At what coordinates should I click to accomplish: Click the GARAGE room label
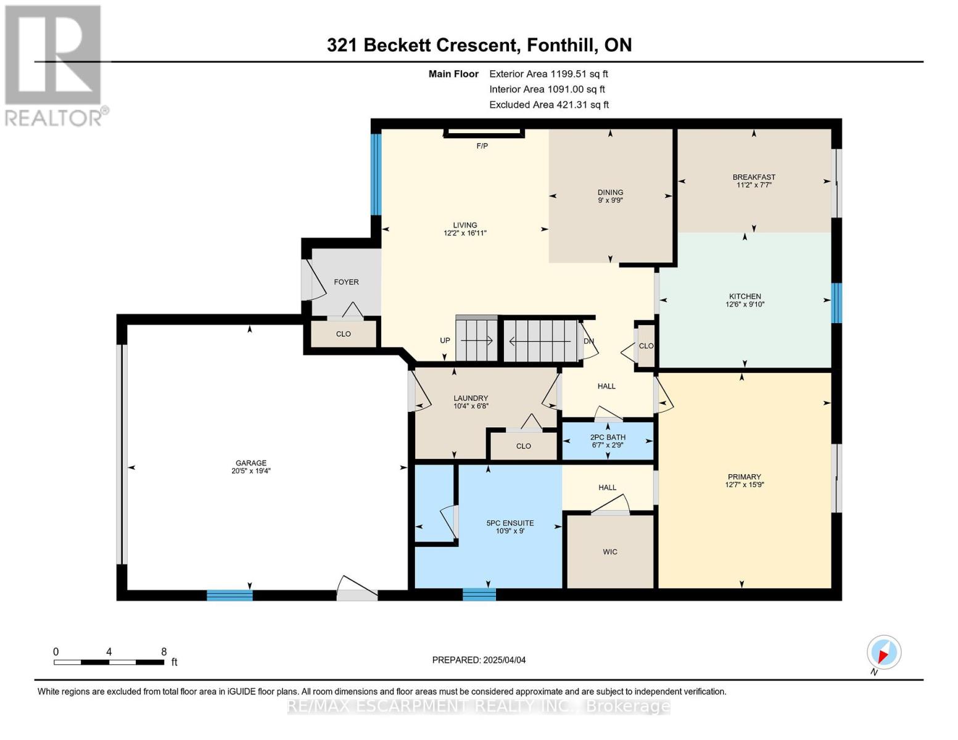(251, 462)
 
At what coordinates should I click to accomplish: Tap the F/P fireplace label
(482, 146)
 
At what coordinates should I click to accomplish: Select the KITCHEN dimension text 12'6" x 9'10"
(745, 304)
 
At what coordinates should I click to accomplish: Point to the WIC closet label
(609, 552)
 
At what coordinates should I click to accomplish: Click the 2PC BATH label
(608, 437)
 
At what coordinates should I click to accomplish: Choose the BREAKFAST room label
(754, 177)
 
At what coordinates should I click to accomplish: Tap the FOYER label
(346, 282)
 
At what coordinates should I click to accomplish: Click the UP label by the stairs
(445, 340)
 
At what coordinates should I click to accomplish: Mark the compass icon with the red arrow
(884, 652)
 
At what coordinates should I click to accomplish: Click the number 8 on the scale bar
(163, 652)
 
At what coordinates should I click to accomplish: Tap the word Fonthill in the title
(558, 45)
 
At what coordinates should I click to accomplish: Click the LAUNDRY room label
(471, 398)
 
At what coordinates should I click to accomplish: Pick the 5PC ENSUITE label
(510, 523)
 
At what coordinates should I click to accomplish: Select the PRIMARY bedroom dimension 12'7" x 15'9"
(744, 484)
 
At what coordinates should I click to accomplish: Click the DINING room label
(610, 192)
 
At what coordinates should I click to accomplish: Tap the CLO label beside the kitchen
(646, 346)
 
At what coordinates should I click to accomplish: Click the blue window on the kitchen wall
(836, 303)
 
